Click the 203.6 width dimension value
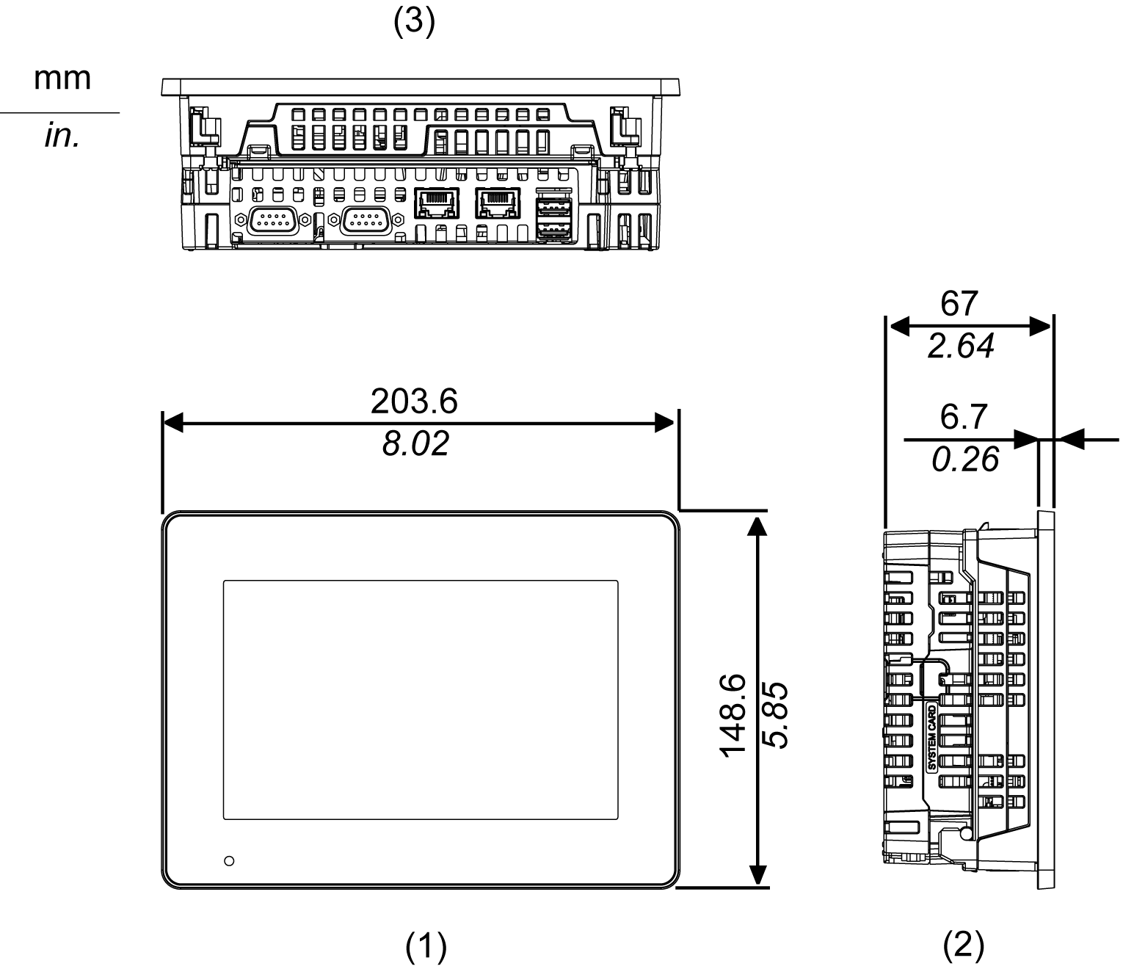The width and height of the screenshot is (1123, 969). (414, 402)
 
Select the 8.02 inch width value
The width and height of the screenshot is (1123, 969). (415, 444)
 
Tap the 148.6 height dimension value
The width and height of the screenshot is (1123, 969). (733, 716)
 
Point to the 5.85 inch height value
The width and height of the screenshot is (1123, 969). (775, 716)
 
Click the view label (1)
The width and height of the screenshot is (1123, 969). (426, 946)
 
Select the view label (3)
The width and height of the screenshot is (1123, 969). (414, 22)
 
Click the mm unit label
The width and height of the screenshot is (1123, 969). (62, 79)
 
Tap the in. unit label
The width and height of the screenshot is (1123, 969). (62, 137)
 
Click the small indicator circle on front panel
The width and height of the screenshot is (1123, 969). (229, 860)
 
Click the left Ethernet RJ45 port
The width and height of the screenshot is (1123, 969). (436, 203)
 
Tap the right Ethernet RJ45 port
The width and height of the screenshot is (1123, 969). (498, 203)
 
